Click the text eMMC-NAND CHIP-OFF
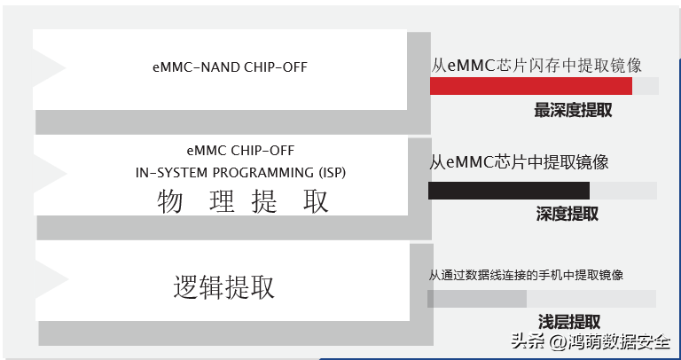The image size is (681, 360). point(230,67)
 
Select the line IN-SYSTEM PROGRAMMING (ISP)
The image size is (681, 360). point(240,172)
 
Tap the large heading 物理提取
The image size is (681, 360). point(243,202)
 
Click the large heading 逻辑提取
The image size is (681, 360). point(223,287)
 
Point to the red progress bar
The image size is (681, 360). point(530,86)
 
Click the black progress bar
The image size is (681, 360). point(508,191)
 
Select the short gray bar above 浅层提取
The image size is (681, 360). point(477,299)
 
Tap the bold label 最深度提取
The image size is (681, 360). point(573,111)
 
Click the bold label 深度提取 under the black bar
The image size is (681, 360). point(567,214)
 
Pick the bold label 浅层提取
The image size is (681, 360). point(569,322)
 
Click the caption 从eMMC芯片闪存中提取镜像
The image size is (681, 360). point(536,65)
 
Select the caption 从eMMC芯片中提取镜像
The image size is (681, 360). point(520,162)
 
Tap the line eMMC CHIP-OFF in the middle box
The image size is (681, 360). point(241,151)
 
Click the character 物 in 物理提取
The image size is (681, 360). point(170,202)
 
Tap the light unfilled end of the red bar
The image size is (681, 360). point(646,86)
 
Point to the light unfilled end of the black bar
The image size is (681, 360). point(622,191)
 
